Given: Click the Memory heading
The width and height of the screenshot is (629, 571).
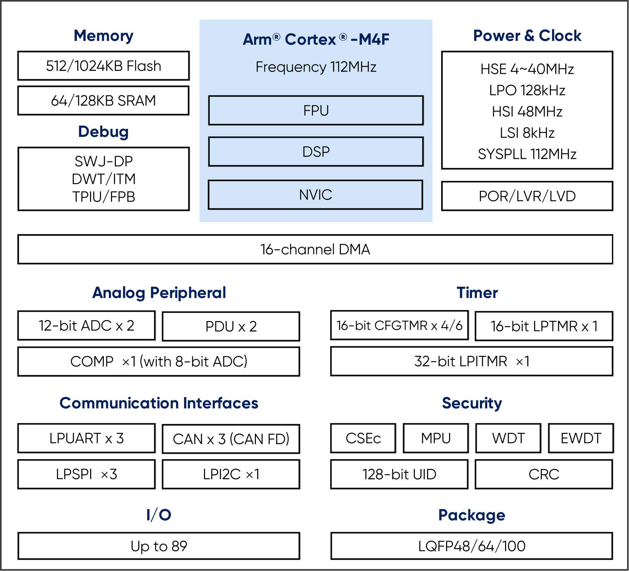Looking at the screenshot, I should click(103, 36).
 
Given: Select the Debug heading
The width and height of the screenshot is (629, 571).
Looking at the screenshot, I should click(103, 132).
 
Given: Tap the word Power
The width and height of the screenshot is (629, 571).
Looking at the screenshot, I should click(496, 36).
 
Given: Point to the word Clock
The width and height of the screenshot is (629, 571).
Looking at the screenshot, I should click(560, 36).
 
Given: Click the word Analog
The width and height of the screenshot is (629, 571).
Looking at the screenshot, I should click(118, 293).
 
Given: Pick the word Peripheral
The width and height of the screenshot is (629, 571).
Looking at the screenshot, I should click(188, 293).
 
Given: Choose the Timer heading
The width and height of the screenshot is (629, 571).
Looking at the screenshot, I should click(477, 293).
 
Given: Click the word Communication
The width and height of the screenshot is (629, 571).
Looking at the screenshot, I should click(119, 403).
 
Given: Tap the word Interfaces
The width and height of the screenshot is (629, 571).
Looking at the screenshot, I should click(221, 403).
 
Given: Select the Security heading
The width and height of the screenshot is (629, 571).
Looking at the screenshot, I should click(472, 403).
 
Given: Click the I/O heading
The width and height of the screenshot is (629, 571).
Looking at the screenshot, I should click(159, 515).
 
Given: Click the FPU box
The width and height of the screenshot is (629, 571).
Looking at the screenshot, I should click(316, 110).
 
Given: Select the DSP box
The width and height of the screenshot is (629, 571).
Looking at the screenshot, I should click(316, 152).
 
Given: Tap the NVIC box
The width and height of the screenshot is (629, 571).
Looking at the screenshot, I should click(315, 195).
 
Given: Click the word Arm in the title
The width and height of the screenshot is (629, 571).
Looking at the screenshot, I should click(258, 40).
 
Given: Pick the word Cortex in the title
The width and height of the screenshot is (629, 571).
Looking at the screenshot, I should click(310, 40).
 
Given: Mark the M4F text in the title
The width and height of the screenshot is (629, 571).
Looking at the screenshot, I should click(374, 40).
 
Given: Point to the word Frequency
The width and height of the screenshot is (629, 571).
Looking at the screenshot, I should click(291, 67).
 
